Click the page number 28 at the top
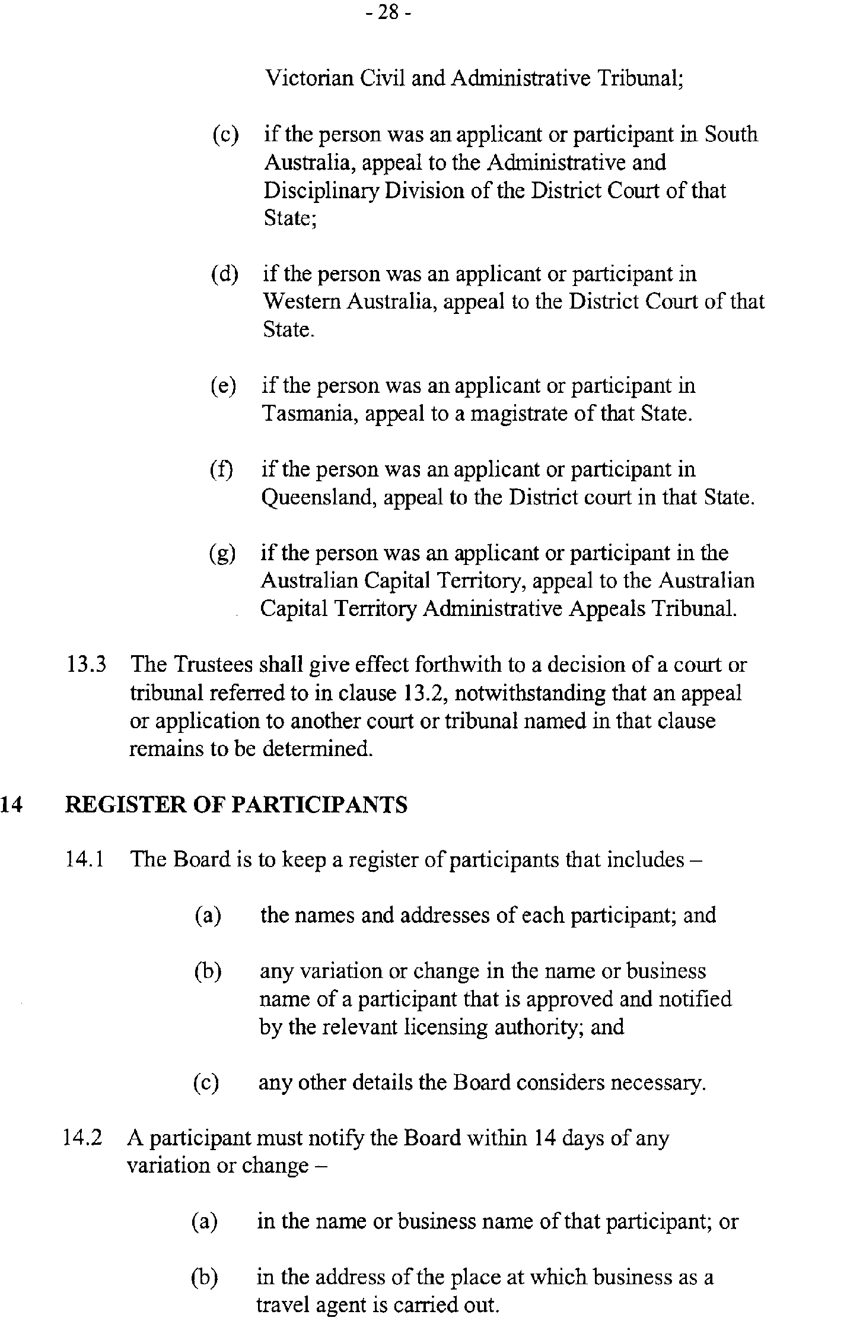pyautogui.click(x=388, y=12)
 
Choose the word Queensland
pyautogui.click(x=319, y=497)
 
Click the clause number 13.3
pyautogui.click(x=87, y=665)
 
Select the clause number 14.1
pyautogui.click(x=85, y=859)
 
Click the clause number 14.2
pyautogui.click(x=83, y=1138)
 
